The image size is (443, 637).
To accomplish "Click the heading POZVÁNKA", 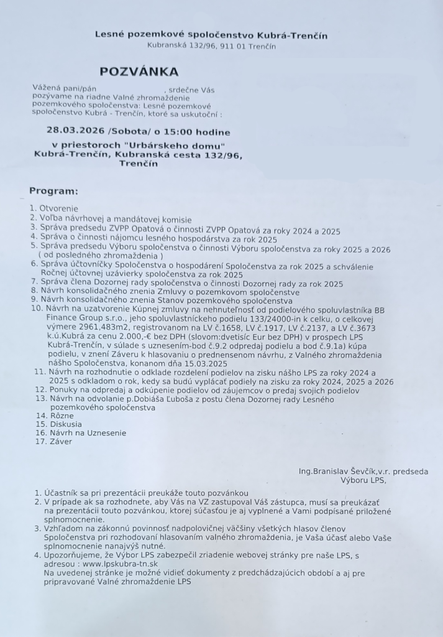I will [x=139, y=72].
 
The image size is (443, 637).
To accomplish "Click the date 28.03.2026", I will [x=75, y=132].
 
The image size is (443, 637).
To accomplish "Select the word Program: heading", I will [x=53, y=190].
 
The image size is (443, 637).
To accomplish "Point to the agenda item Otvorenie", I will [x=59, y=208].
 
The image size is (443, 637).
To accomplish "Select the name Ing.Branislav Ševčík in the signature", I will [x=341, y=471].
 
